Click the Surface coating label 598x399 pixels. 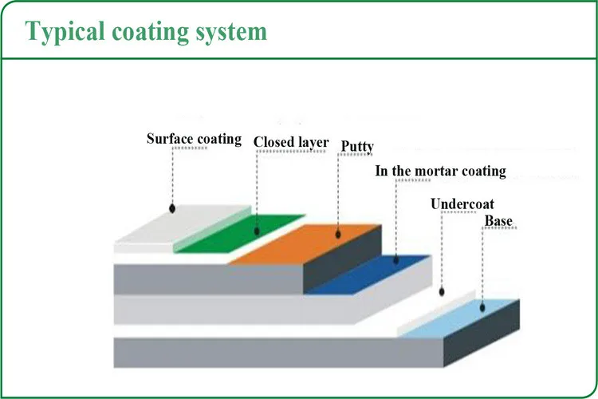194,139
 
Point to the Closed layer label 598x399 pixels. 291,142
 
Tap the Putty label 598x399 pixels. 357,146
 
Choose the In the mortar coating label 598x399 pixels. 440,171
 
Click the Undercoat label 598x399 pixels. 462,204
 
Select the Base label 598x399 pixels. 498,221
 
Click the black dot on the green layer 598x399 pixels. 257,231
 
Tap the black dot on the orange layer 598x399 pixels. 338,234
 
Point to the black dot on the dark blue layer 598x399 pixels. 395,260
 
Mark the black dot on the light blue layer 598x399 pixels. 482,307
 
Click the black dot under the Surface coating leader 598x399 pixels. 172,208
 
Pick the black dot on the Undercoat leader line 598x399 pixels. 442,292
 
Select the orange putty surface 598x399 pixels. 305,243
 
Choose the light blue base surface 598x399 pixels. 458,319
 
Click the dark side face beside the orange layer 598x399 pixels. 342,259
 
